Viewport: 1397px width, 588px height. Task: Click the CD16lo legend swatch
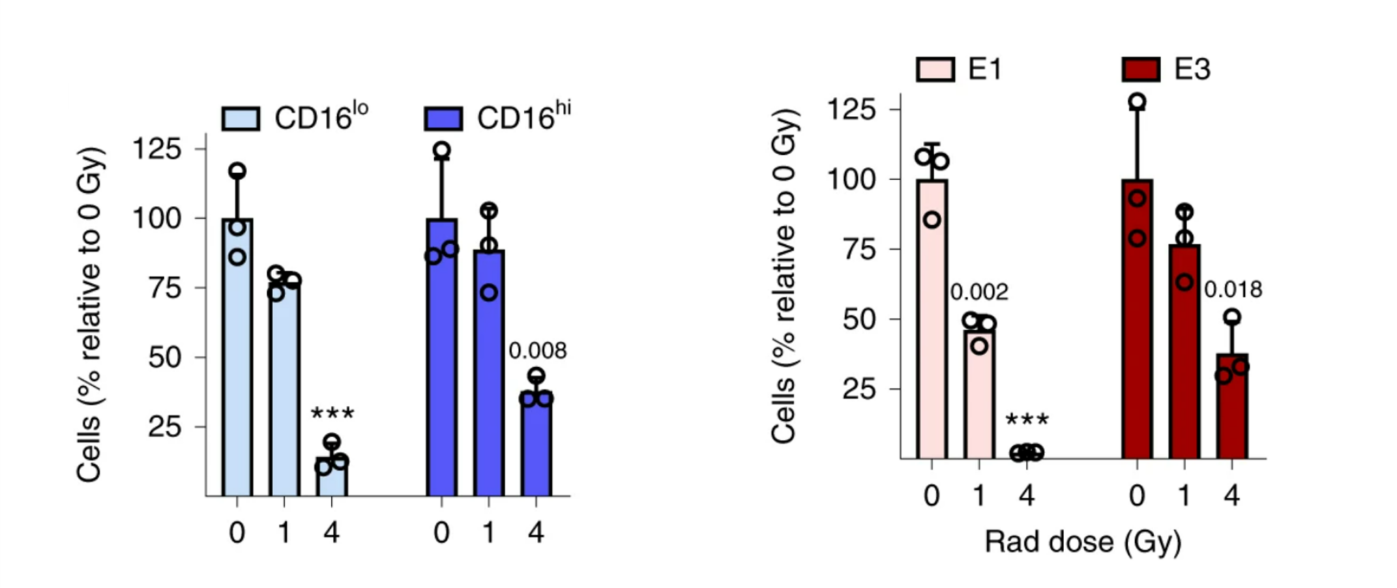tap(241, 118)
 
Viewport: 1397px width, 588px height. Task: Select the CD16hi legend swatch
tap(443, 118)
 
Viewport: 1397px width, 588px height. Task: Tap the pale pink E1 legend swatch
tap(935, 70)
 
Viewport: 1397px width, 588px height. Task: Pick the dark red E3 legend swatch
tap(1141, 70)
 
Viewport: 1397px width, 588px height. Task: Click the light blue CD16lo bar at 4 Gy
tap(332, 477)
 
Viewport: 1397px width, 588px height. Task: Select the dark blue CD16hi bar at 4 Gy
tap(536, 447)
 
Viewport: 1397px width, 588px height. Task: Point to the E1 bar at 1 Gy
tap(980, 396)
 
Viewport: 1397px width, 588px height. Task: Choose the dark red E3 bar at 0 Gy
tap(1137, 321)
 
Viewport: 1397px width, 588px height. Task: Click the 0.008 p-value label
tap(538, 351)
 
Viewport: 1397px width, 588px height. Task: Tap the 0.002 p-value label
tap(979, 292)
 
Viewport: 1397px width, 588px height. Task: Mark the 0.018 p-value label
tap(1233, 290)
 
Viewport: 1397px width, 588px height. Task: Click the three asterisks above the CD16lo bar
tap(332, 413)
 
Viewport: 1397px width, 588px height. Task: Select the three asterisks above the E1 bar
tap(1027, 420)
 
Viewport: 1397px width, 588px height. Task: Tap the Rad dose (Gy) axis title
tap(1083, 543)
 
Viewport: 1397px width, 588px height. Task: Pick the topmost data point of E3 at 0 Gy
tap(1137, 102)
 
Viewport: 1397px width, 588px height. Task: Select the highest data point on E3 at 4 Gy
tap(1232, 317)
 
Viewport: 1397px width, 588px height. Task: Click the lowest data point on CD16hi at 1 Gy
tap(489, 293)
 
